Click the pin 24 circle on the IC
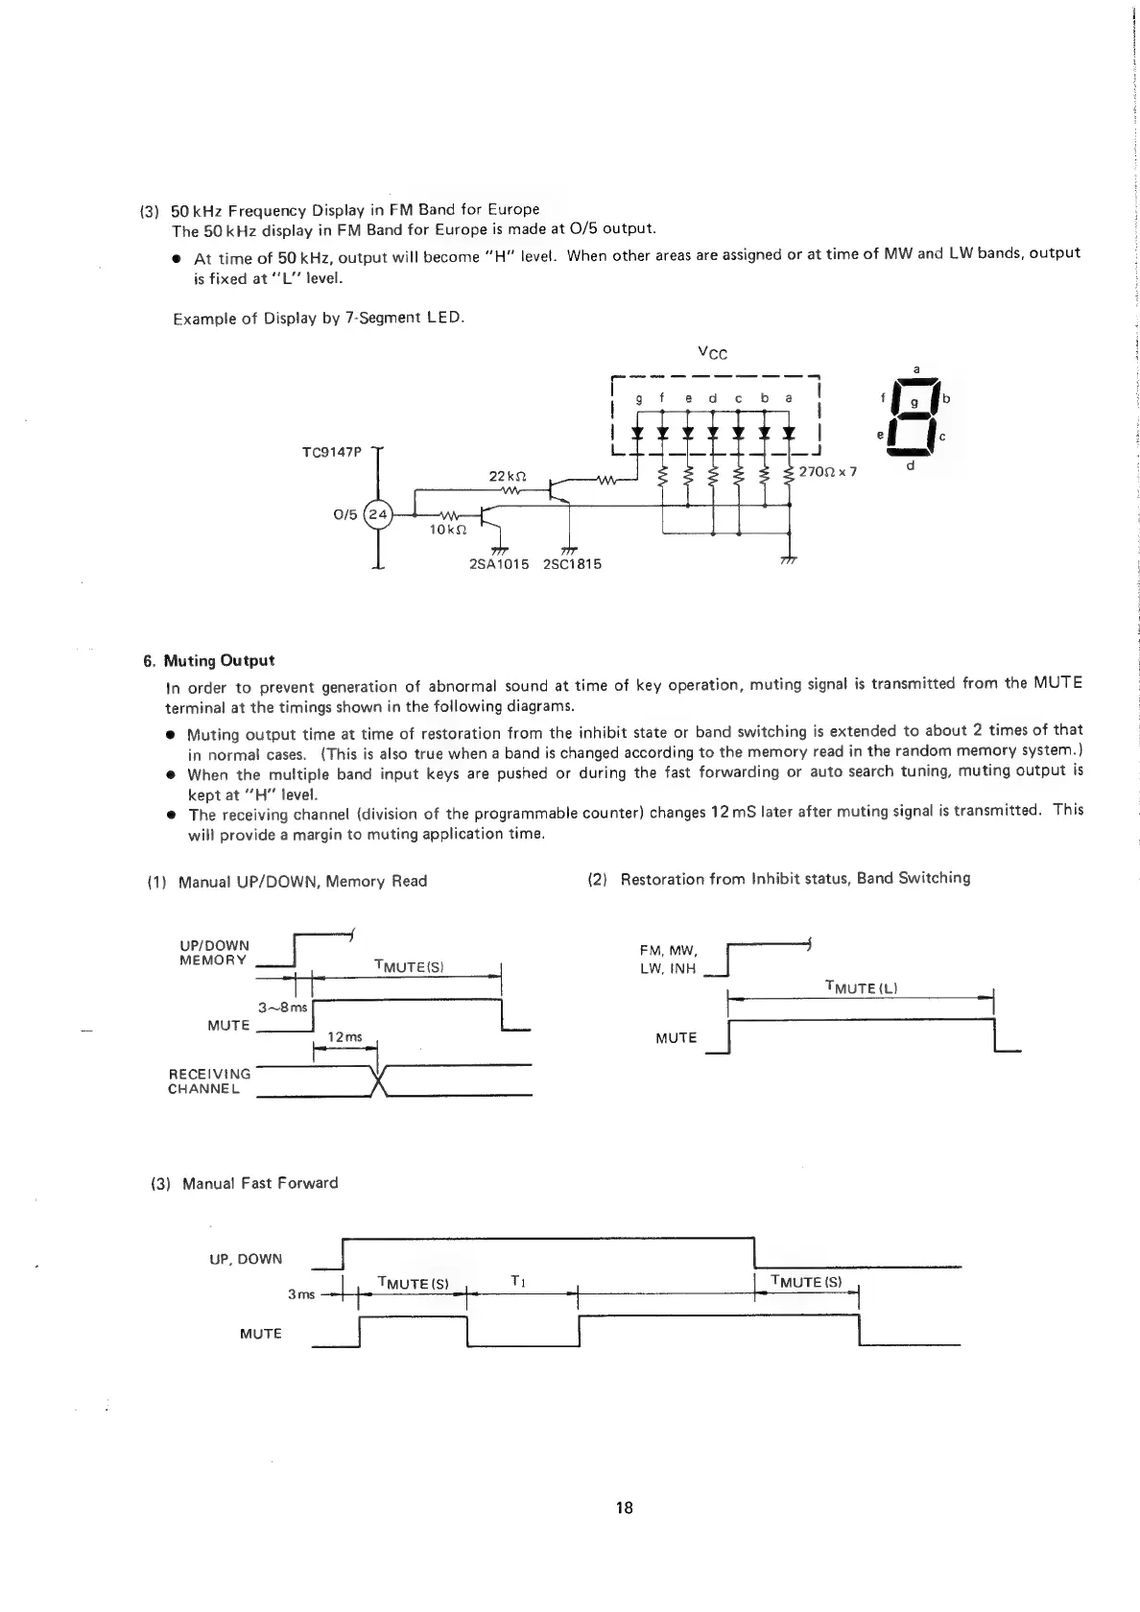[x=379, y=515]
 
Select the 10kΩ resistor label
[x=449, y=529]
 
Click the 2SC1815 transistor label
[x=572, y=563]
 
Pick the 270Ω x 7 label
[x=827, y=472]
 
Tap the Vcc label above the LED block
[x=713, y=353]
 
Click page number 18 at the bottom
[x=625, y=1507]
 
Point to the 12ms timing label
[x=345, y=1036]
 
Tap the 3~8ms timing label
[x=282, y=1007]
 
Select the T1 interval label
[x=517, y=1281]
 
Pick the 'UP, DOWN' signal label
[x=246, y=1259]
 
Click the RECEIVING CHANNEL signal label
[x=209, y=1081]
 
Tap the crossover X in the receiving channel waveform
[x=378, y=1081]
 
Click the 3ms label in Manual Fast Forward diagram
[x=301, y=1294]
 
